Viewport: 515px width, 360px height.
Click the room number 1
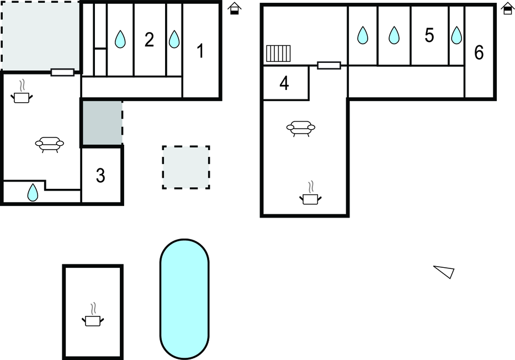200,51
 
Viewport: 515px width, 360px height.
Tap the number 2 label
149,40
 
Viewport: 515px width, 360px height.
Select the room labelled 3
100,176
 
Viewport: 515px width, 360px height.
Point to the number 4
284,83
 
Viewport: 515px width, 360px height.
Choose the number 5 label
429,35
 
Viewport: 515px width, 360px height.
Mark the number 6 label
479,53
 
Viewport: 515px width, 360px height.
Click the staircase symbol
278,54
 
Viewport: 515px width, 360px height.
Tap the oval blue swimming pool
184,299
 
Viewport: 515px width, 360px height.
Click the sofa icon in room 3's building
49,144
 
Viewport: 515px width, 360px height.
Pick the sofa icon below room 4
301,128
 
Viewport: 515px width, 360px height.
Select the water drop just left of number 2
120,39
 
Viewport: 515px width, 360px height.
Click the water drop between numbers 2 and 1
174,39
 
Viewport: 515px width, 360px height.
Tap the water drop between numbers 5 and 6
456,35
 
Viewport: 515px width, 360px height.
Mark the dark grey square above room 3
102,123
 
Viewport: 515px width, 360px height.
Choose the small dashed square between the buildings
186,167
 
